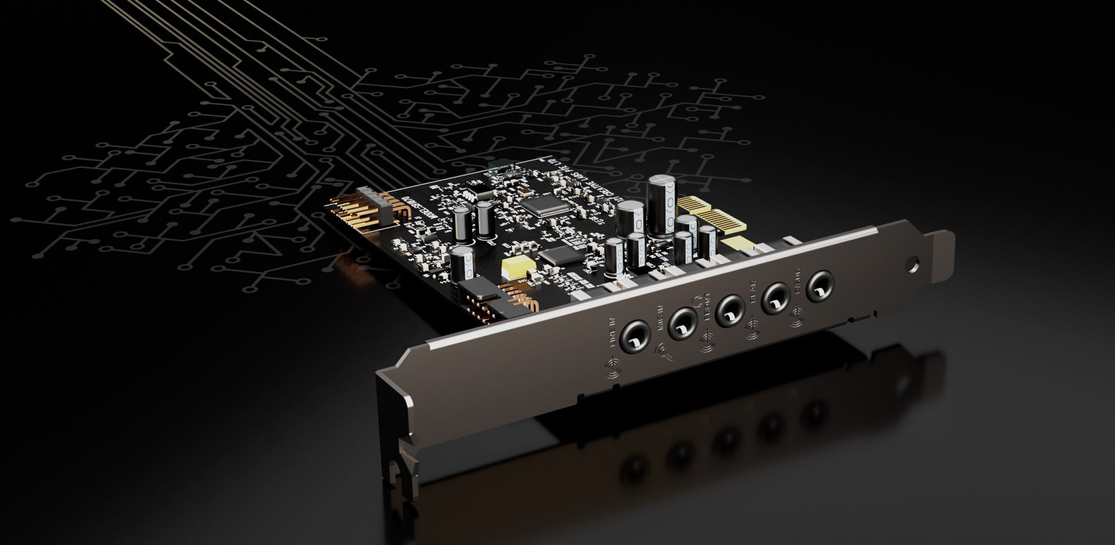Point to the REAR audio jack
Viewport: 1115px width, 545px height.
775,298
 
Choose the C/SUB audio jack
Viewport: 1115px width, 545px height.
818,285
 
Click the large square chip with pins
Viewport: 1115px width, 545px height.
539,207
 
